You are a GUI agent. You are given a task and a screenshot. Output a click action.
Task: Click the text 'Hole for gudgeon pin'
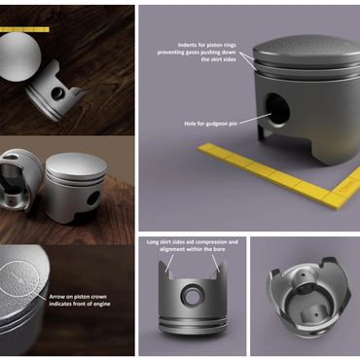[211, 124]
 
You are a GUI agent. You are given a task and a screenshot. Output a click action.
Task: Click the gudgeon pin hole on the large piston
[276, 110]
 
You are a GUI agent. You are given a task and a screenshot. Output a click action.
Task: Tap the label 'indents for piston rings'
[206, 45]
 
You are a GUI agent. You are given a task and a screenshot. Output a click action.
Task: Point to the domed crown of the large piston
[305, 52]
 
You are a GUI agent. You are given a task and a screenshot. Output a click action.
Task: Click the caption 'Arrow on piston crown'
[78, 297]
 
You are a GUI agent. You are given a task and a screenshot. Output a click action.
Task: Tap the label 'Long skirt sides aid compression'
[193, 242]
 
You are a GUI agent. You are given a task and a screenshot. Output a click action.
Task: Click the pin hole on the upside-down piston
[193, 295]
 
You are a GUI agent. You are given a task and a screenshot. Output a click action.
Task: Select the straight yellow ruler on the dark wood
[24, 30]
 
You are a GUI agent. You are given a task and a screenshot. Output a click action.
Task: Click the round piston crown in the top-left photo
[19, 56]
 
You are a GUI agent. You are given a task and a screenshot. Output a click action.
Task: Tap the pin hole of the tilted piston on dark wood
[58, 94]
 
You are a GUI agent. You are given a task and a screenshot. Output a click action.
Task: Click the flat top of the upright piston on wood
[76, 164]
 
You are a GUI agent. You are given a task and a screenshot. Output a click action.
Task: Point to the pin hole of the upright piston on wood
[93, 198]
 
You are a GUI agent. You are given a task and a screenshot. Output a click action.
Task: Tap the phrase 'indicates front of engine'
[80, 304]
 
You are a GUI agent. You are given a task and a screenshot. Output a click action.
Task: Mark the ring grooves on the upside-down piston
[193, 321]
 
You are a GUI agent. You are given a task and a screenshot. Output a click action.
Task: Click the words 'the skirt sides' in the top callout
[219, 59]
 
